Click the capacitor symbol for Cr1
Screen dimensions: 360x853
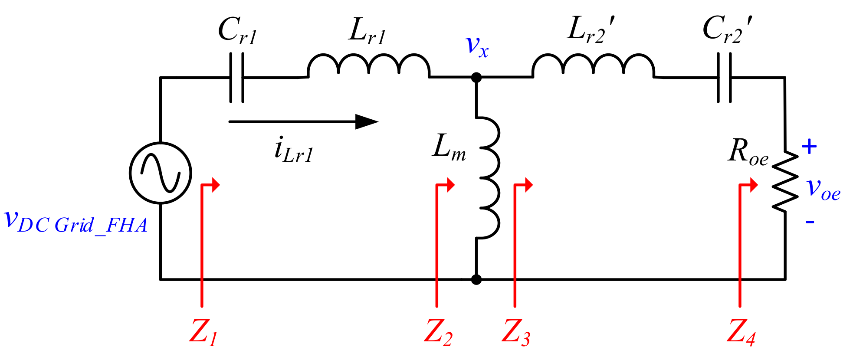point(236,78)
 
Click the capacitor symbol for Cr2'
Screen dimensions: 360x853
point(724,78)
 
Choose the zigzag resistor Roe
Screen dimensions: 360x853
point(785,181)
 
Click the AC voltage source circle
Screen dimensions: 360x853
point(161,173)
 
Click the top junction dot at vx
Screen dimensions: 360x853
point(476,78)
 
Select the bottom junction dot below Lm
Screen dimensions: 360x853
point(476,279)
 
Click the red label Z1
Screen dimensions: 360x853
point(203,332)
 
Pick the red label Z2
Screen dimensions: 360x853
point(438,332)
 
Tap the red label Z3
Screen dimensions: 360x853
point(515,332)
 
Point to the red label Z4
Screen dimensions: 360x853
point(741,332)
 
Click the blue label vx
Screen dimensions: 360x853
point(477,46)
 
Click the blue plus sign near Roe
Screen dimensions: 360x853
point(809,147)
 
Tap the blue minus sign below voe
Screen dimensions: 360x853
point(810,222)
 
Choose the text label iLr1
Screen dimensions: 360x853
point(293,150)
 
